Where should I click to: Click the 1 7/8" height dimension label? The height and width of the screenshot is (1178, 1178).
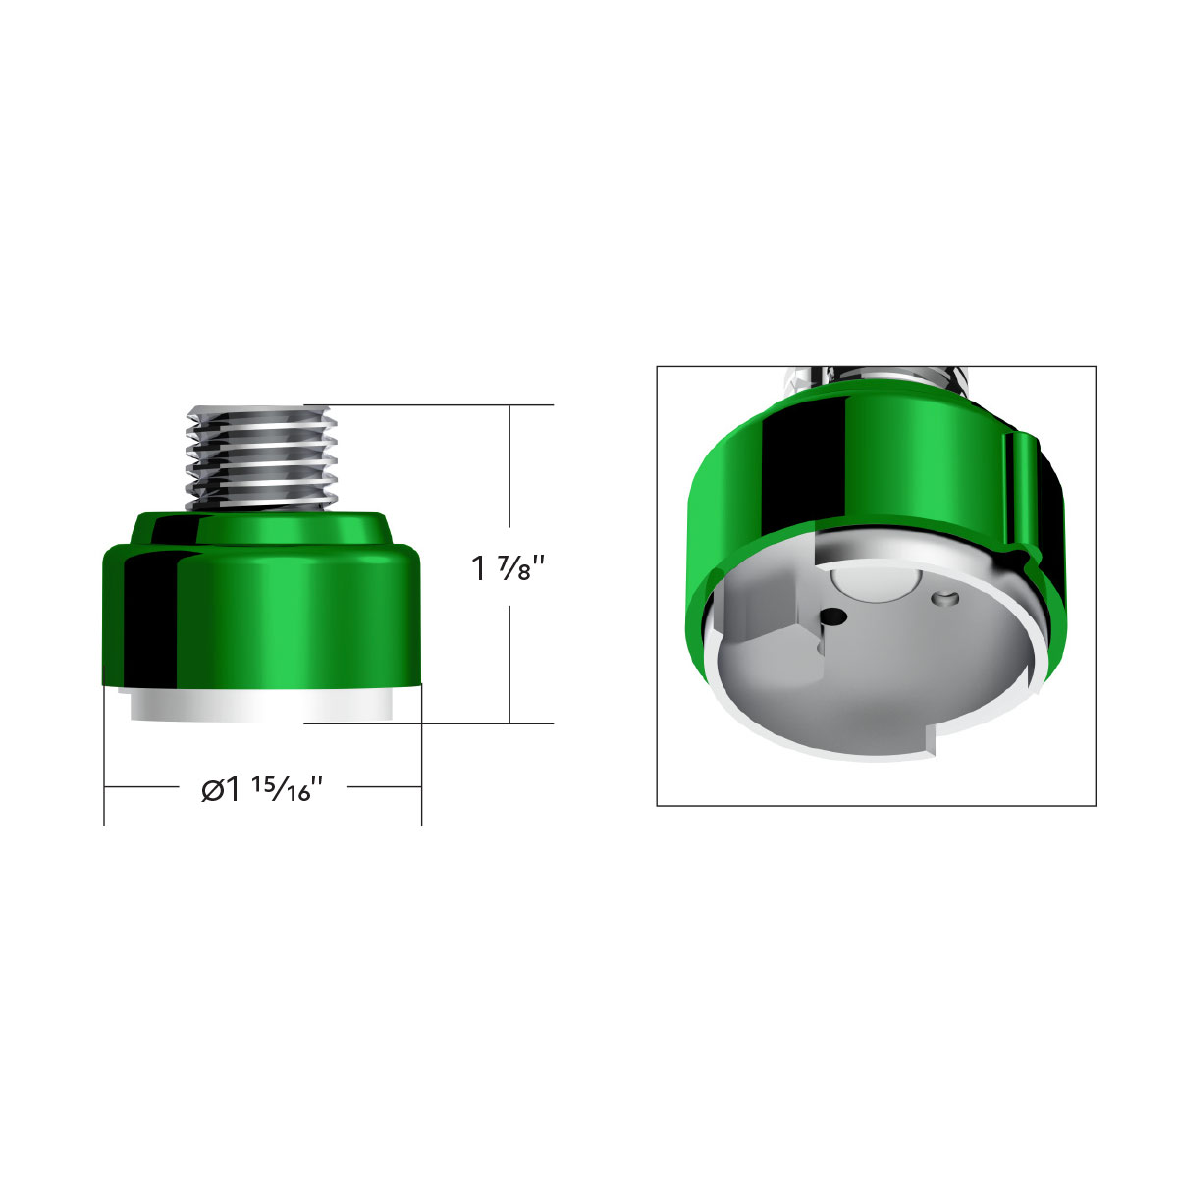508,568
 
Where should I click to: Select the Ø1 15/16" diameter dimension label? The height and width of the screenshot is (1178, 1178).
262,789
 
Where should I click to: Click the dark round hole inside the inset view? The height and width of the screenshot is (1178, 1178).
833,616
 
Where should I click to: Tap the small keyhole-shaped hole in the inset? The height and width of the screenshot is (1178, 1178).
946,596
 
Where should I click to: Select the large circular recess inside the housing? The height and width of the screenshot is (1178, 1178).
868,586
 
